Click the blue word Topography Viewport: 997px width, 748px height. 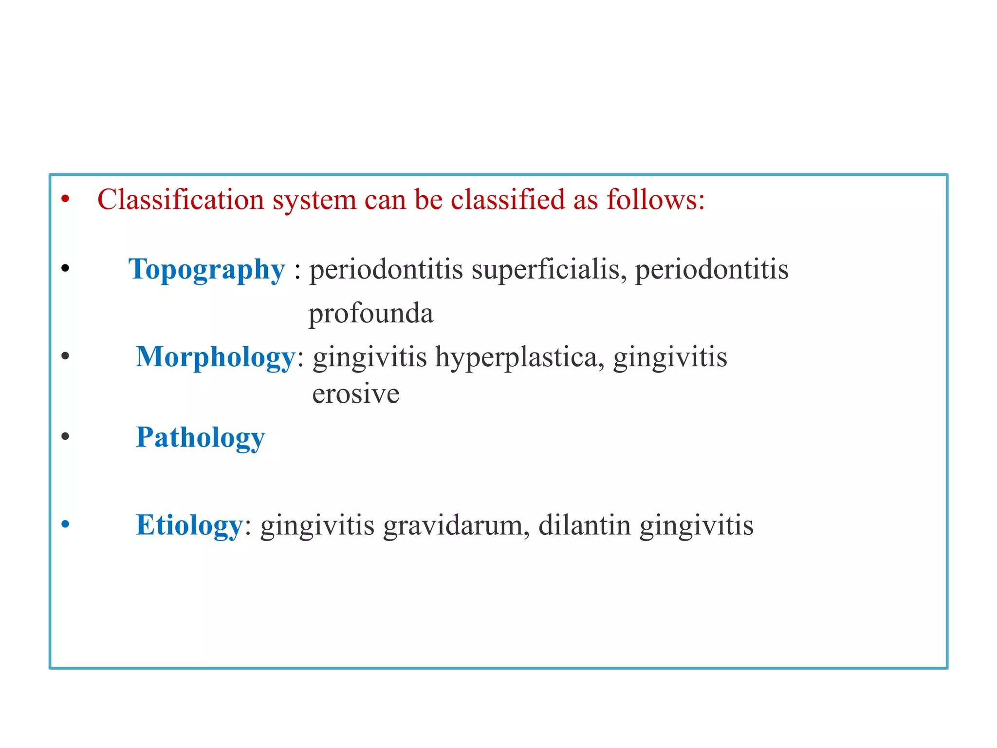pyautogui.click(x=206, y=270)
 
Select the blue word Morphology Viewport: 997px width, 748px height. pyautogui.click(x=216, y=357)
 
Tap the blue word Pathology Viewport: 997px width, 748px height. pyautogui.click(x=200, y=437)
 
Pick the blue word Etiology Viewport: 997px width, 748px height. pyautogui.click(x=189, y=525)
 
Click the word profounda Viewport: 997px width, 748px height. pyautogui.click(x=370, y=314)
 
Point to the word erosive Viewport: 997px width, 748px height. pyautogui.click(x=355, y=393)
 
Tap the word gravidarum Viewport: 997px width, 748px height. pyautogui.click(x=456, y=525)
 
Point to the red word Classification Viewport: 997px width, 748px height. pyautogui.click(x=181, y=200)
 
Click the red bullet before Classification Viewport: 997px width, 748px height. pyautogui.click(x=66, y=199)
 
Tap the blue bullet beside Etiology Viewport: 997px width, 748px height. pyautogui.click(x=66, y=524)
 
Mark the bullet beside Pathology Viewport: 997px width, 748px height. pyautogui.click(x=66, y=436)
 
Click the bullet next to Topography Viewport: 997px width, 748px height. pyautogui.click(x=66, y=268)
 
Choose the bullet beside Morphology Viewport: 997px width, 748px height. pyautogui.click(x=66, y=356)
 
